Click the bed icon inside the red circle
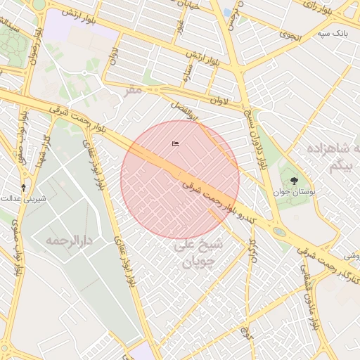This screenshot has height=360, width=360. tap(175, 143)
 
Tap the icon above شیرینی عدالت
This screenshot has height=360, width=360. tap(24, 187)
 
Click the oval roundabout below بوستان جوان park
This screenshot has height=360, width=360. tap(279, 231)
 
